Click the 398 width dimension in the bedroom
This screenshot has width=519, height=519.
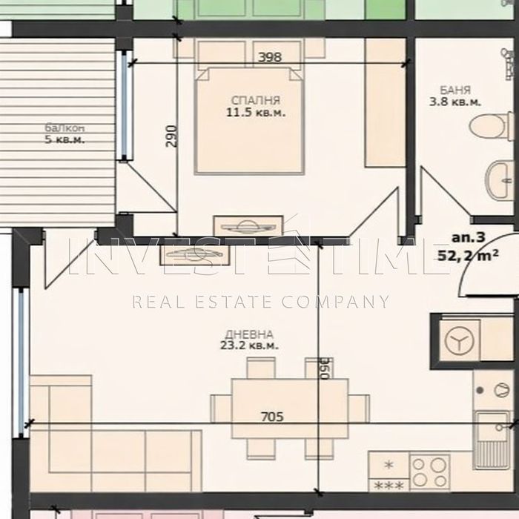270,57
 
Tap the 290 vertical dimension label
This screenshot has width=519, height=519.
172,136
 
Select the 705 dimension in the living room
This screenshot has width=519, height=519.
272,417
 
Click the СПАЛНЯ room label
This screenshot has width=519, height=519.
256,100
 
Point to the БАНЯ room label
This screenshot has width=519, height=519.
455,90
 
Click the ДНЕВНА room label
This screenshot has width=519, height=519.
249,334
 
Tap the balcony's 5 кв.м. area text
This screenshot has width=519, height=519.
65,139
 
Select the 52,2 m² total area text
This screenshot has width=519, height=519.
468,255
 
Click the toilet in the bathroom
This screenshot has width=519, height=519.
491,127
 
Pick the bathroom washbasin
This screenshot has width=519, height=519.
500,179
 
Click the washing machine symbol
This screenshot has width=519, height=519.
460,341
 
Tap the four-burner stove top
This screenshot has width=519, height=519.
429,472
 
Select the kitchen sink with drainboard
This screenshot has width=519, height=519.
492,440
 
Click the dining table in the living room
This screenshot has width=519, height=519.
290,409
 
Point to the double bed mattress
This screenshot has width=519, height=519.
250,121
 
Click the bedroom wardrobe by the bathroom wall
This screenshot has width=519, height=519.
386,102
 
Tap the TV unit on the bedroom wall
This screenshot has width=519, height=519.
248,225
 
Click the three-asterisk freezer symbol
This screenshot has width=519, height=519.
389,486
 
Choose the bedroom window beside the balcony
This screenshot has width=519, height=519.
124,105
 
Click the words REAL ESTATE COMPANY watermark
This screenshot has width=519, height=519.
260,302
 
